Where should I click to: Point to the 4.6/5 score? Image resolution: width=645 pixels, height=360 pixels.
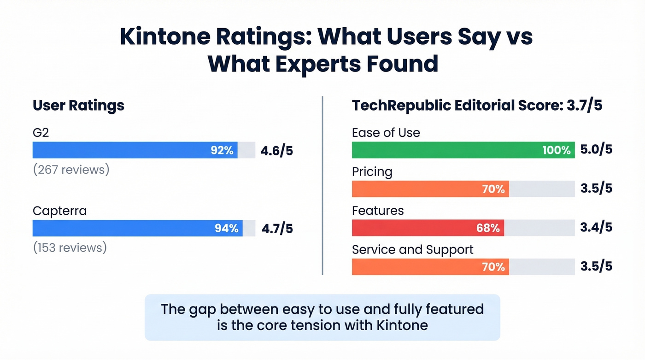tap(276, 151)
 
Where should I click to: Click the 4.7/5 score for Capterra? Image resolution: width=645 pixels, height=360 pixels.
tap(276, 229)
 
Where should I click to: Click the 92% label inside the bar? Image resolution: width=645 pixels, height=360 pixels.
tap(222, 150)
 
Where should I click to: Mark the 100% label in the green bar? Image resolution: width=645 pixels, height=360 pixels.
tap(556, 150)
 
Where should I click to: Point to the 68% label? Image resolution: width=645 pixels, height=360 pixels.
tap(488, 228)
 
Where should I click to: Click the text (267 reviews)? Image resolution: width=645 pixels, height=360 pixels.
tap(71, 170)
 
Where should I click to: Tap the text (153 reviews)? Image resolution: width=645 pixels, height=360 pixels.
tap(70, 248)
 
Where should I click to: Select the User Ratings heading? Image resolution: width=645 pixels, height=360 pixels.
tap(78, 106)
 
